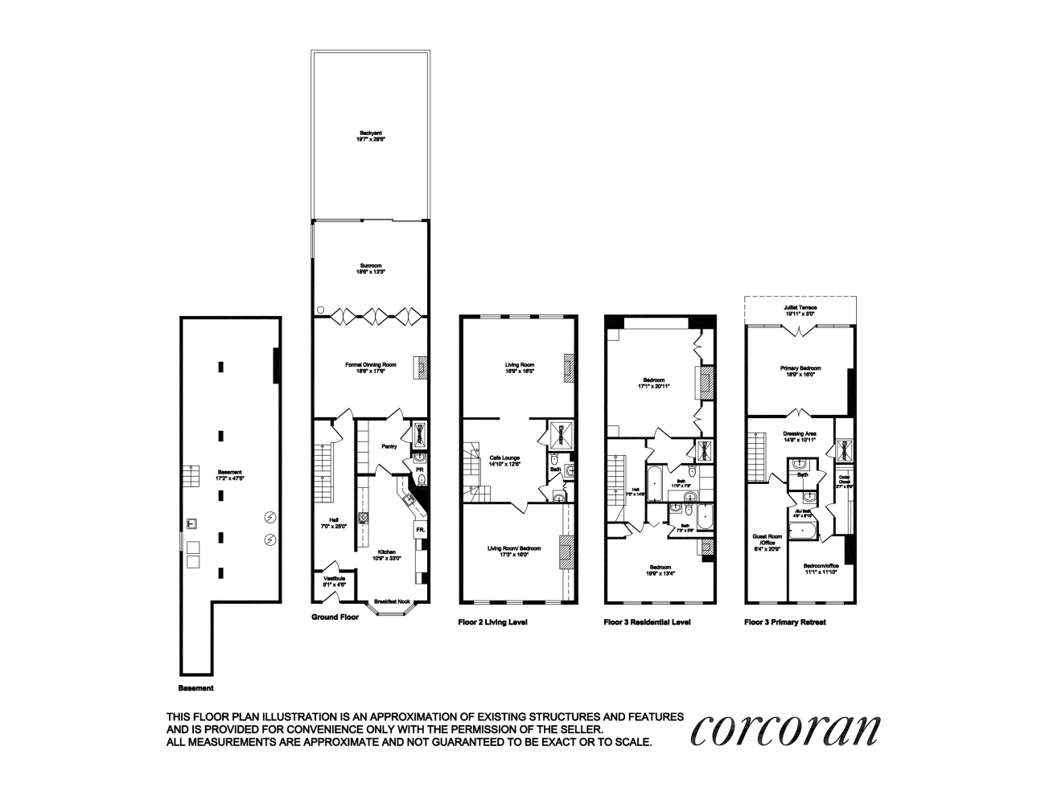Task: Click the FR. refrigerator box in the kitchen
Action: coord(419,531)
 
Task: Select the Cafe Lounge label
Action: coord(506,460)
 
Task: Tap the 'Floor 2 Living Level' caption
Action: coord(492,622)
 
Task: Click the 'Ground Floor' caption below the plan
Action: coord(334,617)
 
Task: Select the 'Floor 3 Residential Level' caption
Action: coord(647,622)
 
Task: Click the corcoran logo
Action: coord(785,729)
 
